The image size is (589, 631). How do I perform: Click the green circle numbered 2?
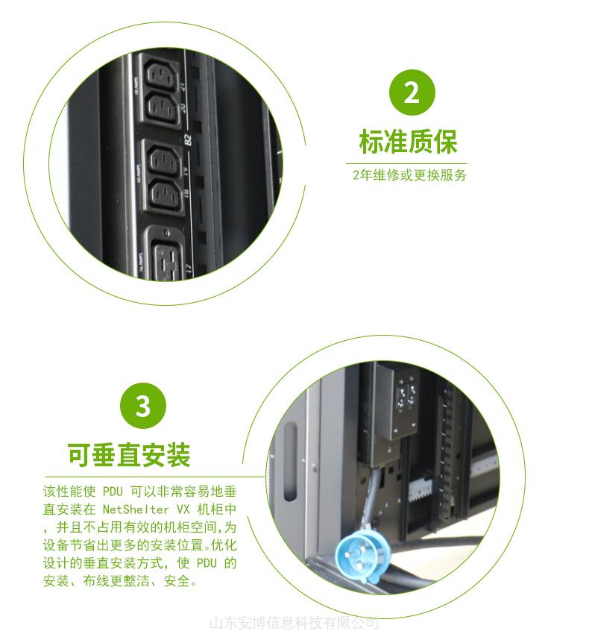click(412, 92)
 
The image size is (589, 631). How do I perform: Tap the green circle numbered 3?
click(143, 406)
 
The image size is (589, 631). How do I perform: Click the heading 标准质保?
click(408, 141)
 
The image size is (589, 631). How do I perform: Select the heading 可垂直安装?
click(129, 455)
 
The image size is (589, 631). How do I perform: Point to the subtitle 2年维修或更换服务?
click(409, 175)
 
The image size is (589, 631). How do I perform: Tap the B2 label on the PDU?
click(187, 140)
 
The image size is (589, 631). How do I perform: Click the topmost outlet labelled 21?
click(160, 74)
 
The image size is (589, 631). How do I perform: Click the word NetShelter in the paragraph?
click(136, 509)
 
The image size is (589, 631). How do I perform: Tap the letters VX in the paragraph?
click(183, 509)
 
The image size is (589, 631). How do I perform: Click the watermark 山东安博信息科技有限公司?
click(294, 623)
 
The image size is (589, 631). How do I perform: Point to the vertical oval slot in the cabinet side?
click(290, 461)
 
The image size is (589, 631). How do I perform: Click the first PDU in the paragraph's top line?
click(113, 492)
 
